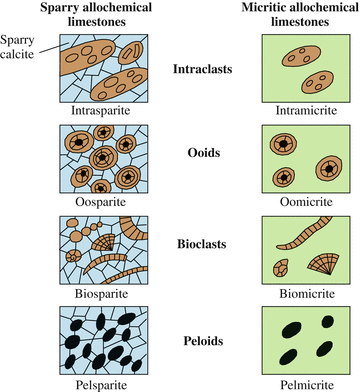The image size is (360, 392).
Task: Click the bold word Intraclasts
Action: click(203, 71)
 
